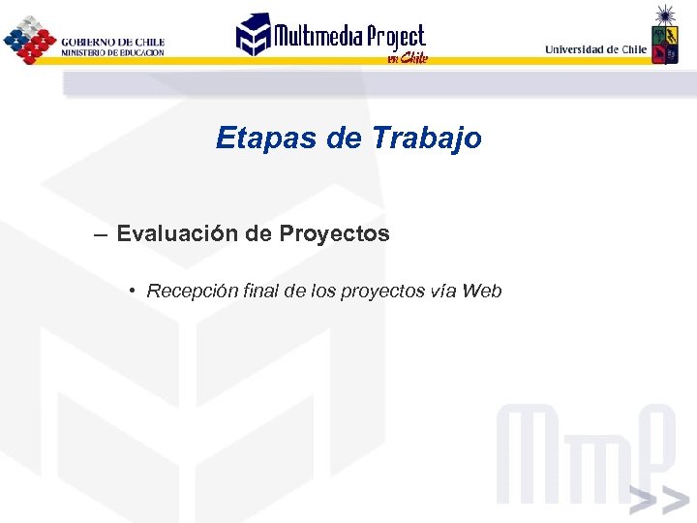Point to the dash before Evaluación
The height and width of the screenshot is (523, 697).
click(x=101, y=234)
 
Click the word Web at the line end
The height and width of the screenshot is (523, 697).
click(x=482, y=291)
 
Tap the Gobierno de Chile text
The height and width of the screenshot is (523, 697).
click(x=112, y=42)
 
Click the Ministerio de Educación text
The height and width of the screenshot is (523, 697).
click(x=112, y=52)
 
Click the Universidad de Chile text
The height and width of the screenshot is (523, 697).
click(x=595, y=48)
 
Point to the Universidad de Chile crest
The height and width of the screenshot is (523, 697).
click(x=664, y=39)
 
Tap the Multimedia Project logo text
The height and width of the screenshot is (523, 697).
click(x=348, y=37)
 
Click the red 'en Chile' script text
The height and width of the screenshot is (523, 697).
click(x=407, y=57)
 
